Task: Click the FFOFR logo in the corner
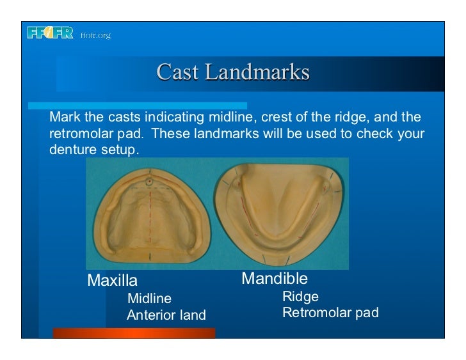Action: coord(50,34)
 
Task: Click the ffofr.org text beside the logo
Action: coord(95,35)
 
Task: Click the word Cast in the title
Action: coord(177,72)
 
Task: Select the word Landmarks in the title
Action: coord(256,72)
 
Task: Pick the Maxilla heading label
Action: coord(112,281)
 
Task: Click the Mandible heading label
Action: coord(274,279)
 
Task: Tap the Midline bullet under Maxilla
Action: coord(149,298)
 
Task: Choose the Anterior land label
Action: coord(166,315)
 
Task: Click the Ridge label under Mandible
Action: coord(300,297)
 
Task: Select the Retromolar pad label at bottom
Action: coord(330,313)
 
